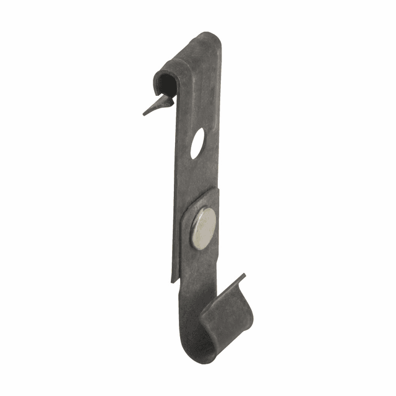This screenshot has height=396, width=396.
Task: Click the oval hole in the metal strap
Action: click(198, 144)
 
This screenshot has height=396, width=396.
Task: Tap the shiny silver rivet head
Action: click(204, 228)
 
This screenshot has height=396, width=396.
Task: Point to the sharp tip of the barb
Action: click(144, 114)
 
